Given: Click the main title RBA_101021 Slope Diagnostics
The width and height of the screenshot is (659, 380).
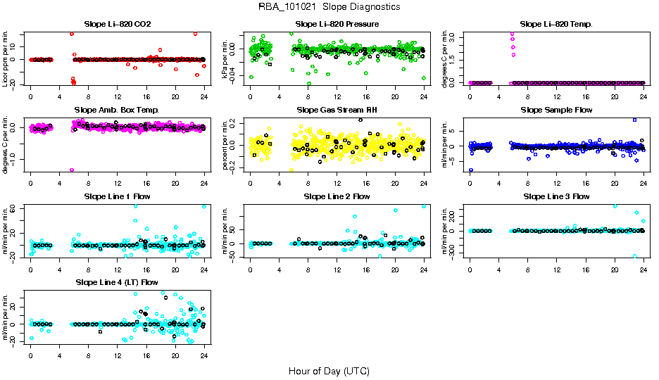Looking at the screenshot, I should point(329,7).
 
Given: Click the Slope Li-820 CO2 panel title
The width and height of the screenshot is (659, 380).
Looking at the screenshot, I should point(117,25).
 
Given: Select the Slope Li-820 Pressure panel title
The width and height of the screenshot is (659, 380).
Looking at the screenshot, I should point(337,25).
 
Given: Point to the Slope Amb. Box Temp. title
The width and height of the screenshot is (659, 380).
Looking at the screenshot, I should point(117,110).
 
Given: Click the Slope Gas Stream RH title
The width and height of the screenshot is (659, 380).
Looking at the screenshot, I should point(337,110).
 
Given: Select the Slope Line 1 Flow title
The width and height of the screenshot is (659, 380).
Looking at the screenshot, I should point(117,196).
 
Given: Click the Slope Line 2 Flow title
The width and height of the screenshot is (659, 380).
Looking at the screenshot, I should point(337,196).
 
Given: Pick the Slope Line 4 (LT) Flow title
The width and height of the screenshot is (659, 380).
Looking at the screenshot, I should point(117,282).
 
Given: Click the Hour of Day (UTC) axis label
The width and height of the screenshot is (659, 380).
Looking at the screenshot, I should point(329,370).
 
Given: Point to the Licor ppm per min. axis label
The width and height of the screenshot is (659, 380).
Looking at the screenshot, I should point(6,59).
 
